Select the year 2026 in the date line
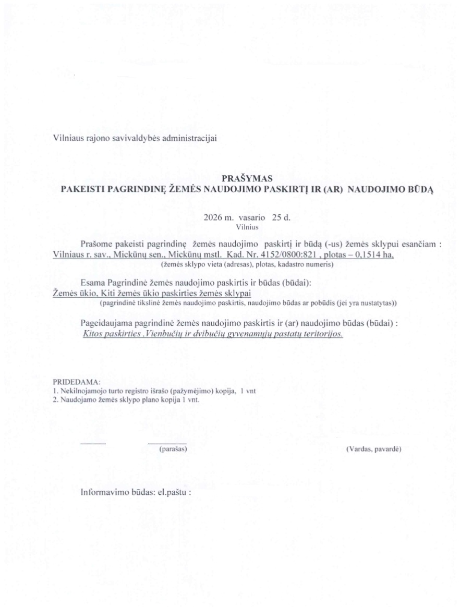click(216, 217)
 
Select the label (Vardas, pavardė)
click(373, 448)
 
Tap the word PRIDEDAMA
click(77, 382)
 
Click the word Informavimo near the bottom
click(100, 492)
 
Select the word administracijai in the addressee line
click(192, 138)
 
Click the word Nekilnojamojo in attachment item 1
click(82, 391)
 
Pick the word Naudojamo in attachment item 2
click(76, 400)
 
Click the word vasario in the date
click(252, 217)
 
